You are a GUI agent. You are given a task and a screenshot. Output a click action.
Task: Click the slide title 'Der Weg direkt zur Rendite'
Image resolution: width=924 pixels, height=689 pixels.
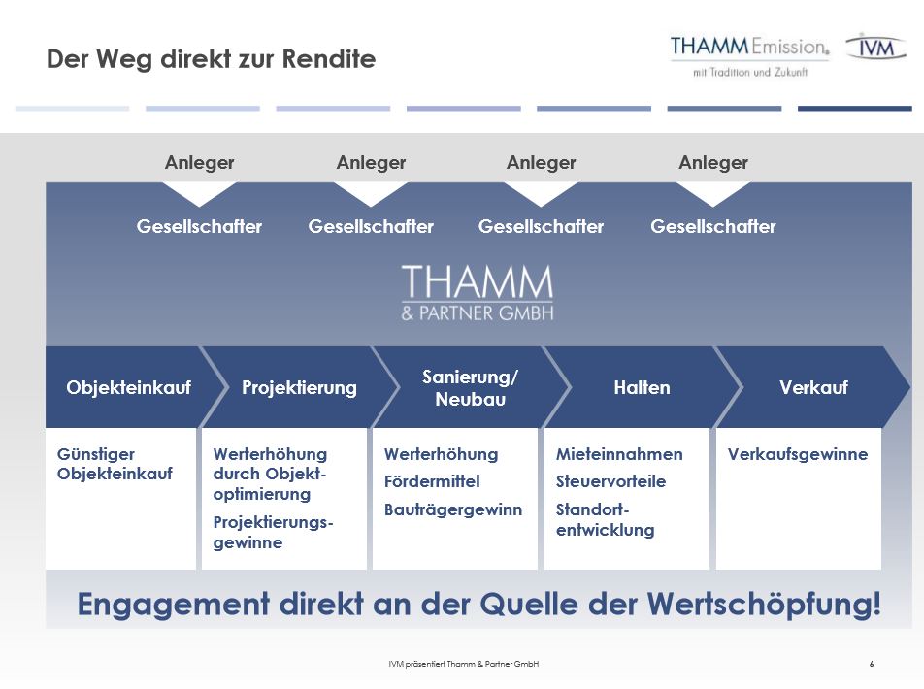point(211,59)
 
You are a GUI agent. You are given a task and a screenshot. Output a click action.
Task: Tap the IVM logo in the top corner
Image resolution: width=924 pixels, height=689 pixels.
point(875,47)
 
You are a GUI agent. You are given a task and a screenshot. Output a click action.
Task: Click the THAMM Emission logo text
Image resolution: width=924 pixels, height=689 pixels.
point(749,46)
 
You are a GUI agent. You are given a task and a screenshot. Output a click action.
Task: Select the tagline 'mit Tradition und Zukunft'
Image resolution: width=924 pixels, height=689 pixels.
point(750,73)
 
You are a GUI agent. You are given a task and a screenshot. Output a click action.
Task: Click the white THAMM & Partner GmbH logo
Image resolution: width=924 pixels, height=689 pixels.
point(478,292)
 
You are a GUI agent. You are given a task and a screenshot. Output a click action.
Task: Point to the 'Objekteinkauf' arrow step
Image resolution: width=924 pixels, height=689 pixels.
point(128,387)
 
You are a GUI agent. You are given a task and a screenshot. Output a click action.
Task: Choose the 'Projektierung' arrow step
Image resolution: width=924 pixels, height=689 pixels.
point(299,387)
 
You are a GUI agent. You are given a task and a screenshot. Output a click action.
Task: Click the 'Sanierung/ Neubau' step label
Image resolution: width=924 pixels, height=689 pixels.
point(470,388)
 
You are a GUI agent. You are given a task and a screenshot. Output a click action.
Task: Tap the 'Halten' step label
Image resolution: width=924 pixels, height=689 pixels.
point(642,387)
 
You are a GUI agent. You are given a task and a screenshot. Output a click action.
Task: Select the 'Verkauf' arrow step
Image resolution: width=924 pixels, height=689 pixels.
point(813,387)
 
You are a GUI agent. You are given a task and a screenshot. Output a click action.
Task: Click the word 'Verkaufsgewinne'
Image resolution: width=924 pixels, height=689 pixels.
point(797,454)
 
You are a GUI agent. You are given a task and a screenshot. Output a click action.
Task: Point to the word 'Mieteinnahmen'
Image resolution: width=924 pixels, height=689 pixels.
point(619,454)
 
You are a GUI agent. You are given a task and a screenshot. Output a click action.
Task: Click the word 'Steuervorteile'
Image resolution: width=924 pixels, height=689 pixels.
point(611,481)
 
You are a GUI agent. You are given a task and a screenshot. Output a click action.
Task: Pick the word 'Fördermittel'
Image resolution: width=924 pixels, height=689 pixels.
point(432,481)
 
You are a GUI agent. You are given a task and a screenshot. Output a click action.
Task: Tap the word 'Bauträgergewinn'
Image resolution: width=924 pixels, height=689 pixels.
point(453,509)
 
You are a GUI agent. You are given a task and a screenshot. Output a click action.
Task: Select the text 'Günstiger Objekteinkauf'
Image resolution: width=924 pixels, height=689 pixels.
point(115,464)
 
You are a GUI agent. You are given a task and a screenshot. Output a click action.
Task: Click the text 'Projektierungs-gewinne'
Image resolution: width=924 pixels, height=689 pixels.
point(274,532)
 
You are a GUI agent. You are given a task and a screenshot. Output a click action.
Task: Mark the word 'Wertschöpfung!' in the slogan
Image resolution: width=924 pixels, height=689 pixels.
point(764,605)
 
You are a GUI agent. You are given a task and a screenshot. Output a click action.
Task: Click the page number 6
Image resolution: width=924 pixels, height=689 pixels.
point(872,664)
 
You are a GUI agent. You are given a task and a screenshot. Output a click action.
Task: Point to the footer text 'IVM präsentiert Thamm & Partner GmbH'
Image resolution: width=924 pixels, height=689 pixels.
point(463,664)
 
